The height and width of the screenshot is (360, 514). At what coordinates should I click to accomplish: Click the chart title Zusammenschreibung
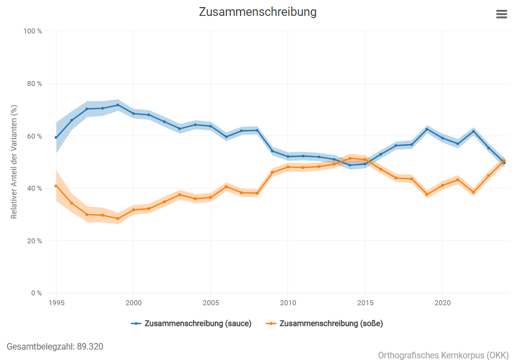[x=258, y=12]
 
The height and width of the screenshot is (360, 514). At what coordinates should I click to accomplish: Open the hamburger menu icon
[x=501, y=14]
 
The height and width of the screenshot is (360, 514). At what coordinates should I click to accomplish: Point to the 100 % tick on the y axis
[x=32, y=31]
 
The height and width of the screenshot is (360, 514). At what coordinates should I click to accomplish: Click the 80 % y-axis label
[x=35, y=84]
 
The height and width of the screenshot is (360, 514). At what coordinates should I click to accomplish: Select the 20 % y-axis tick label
[x=35, y=241]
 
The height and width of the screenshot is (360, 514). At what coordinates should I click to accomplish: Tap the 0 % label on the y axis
[x=36, y=293]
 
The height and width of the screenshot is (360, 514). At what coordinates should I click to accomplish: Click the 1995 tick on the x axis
[x=56, y=302]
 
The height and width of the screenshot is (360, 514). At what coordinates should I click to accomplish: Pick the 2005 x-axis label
[x=211, y=302]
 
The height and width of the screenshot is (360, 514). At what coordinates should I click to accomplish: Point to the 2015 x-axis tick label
[x=365, y=302]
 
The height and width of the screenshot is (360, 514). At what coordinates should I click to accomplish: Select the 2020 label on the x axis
[x=443, y=302]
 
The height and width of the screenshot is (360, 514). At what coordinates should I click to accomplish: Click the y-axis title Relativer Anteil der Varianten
[x=14, y=162]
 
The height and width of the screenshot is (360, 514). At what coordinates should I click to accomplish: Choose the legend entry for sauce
[x=191, y=323]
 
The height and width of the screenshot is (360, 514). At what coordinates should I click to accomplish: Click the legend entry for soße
[x=324, y=323]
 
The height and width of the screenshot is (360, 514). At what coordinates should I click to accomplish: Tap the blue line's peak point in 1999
[x=118, y=105]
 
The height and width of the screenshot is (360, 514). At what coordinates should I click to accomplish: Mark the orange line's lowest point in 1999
[x=118, y=219]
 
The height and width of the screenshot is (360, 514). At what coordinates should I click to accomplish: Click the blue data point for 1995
[x=56, y=138]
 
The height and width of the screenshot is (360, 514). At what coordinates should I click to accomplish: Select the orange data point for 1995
[x=56, y=186]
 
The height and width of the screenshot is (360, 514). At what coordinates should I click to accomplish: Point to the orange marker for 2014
[x=350, y=158]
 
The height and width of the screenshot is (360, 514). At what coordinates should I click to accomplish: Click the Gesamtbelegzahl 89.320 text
[x=55, y=346]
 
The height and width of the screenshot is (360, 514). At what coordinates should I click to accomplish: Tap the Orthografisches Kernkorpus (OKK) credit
[x=443, y=355]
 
